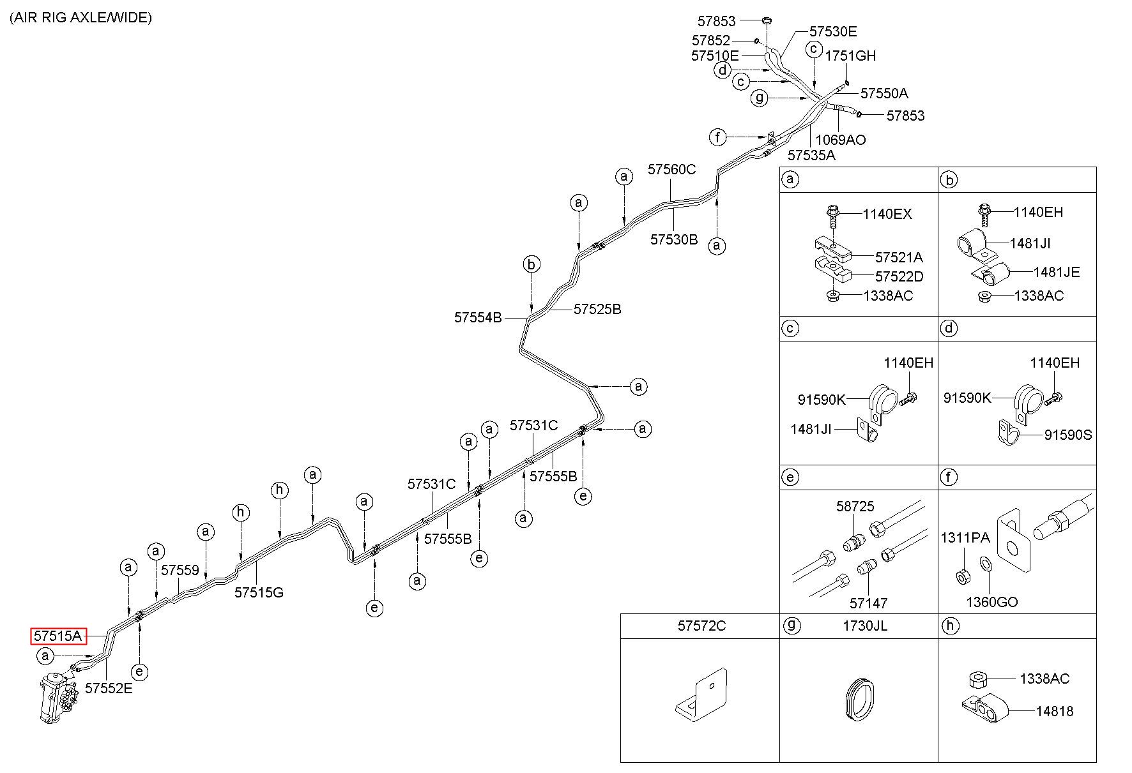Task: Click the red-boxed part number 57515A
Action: (58, 636)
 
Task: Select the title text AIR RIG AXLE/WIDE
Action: (80, 17)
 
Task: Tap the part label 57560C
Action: (671, 170)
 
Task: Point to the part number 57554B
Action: (478, 317)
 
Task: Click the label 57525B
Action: (597, 310)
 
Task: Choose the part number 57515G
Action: (259, 592)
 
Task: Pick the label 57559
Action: (180, 571)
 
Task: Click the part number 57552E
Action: (109, 688)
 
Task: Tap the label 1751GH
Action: (850, 56)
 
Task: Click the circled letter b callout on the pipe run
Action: (532, 264)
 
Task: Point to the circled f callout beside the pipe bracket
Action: (718, 137)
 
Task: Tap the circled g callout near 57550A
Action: (759, 98)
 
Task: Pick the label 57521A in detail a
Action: (899, 258)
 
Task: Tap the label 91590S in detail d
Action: (1068, 435)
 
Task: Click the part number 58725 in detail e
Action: (855, 507)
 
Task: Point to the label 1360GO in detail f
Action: (991, 602)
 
